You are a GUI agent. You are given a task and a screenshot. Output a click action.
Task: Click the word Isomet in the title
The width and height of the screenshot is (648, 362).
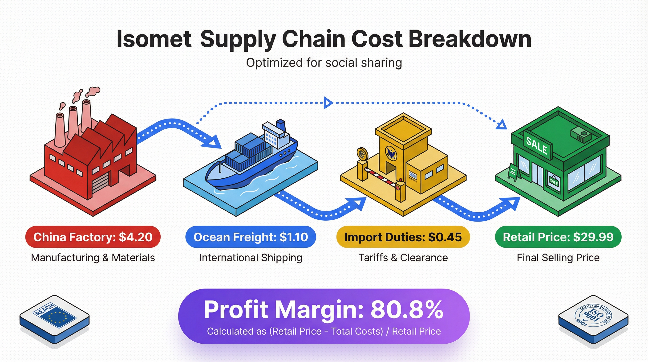pos(154,39)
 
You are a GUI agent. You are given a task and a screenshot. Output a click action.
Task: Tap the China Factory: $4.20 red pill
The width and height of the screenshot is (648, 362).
pos(93,237)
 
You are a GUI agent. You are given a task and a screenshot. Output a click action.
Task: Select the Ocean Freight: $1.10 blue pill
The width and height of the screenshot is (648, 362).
pos(251,237)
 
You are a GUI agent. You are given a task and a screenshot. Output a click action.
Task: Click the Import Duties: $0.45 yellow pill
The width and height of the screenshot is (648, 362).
pos(403,237)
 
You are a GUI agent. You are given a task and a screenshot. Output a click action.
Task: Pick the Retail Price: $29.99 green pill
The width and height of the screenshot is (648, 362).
pos(558,237)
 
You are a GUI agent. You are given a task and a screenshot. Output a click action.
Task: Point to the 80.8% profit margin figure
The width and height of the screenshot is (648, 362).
pos(407,310)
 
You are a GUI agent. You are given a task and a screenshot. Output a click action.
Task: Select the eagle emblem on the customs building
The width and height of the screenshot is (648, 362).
pos(391,153)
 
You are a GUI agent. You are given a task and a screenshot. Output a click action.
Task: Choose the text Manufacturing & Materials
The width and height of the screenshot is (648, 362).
pos(93,258)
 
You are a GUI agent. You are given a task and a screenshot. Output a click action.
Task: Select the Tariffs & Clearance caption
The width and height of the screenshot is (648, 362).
pos(403,258)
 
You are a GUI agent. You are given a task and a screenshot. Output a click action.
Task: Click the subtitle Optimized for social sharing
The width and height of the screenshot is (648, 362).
pos(324,63)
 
